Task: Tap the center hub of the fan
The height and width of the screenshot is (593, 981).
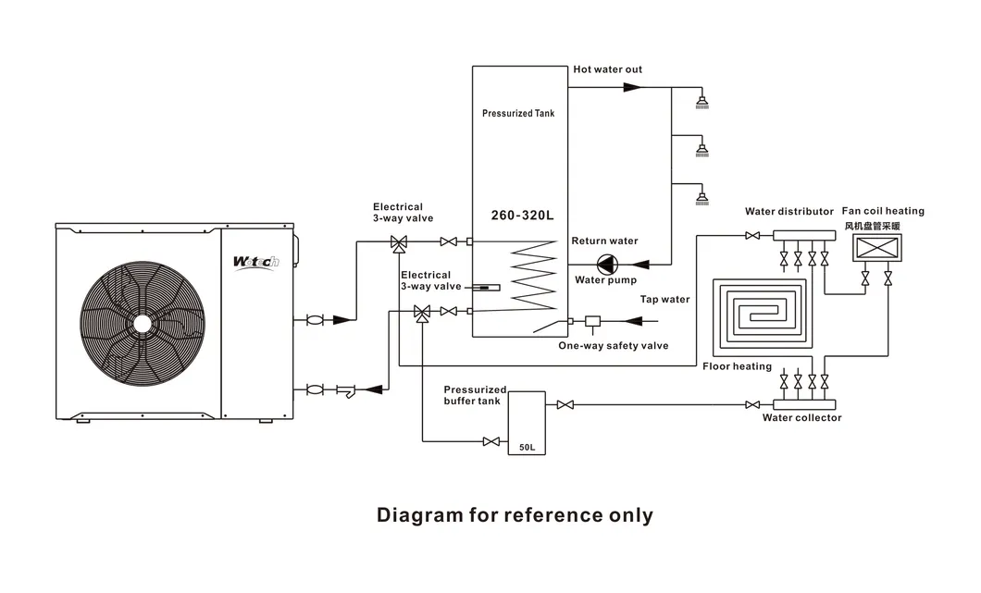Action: (x=141, y=322)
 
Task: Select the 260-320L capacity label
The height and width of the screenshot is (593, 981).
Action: (x=521, y=216)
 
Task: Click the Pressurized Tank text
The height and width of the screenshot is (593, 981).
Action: (x=518, y=114)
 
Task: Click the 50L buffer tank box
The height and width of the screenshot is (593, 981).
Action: (x=527, y=422)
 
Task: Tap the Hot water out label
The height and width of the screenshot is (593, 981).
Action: (x=607, y=69)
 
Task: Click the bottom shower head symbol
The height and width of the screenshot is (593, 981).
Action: (x=702, y=196)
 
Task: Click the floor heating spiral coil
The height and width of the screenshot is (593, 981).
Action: (x=762, y=312)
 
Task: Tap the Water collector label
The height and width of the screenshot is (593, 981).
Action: (x=801, y=418)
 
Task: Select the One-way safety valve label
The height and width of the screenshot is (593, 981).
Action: (x=613, y=346)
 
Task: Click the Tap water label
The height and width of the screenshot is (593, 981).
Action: (x=664, y=300)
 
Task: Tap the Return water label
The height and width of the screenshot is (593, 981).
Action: (x=603, y=241)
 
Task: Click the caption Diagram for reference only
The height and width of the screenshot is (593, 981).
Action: (x=515, y=515)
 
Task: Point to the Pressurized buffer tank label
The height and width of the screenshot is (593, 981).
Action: (x=475, y=395)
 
